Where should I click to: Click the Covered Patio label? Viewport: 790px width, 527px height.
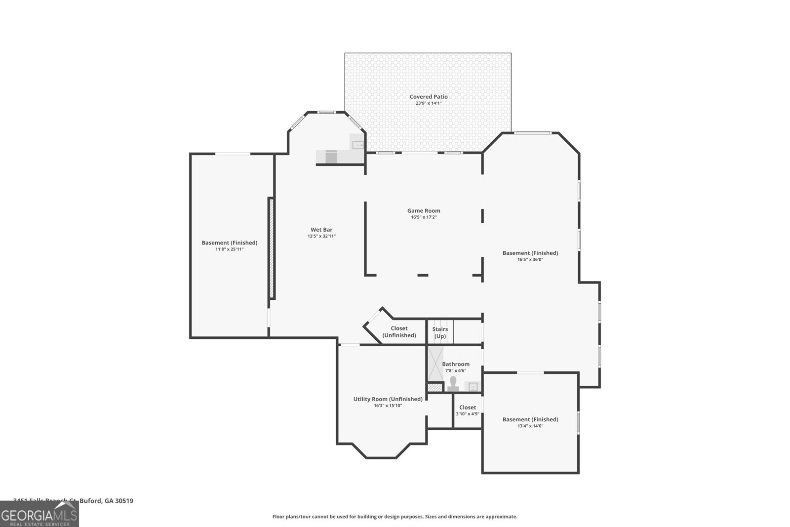click(429, 97)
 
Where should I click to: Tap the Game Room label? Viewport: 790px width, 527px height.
click(424, 210)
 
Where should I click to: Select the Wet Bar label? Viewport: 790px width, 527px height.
click(321, 230)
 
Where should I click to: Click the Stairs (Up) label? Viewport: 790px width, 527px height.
click(440, 332)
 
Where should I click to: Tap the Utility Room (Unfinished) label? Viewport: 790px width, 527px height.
click(388, 399)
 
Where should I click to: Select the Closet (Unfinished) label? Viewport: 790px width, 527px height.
click(399, 332)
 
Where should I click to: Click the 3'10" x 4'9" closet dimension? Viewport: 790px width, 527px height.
click(467, 414)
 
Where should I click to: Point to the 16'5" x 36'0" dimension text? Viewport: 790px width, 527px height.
click(530, 259)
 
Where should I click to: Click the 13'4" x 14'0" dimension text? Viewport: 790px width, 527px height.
click(530, 426)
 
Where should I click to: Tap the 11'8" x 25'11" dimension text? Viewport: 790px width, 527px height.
click(229, 249)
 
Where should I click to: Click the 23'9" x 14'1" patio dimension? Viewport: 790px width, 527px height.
click(429, 103)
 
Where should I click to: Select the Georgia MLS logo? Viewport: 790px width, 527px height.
click(39, 514)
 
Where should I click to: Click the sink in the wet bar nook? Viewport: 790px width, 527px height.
click(357, 145)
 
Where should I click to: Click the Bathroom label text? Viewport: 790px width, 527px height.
click(455, 364)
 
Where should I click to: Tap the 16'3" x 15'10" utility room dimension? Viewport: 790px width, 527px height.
click(388, 405)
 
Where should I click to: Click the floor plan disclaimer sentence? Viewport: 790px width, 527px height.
click(395, 517)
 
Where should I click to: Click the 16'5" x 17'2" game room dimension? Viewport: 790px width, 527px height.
click(424, 217)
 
